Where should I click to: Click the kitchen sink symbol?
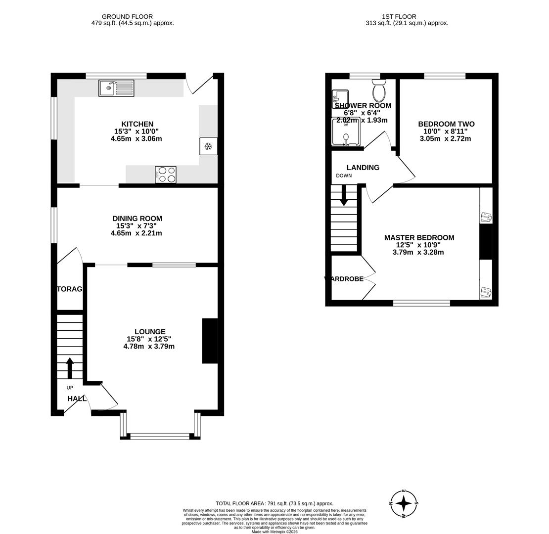point(116,88)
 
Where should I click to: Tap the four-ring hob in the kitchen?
point(166,175)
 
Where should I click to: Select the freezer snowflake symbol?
point(208,146)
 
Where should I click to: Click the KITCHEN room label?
point(137,124)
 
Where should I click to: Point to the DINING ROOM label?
point(137,219)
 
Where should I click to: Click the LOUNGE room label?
point(150,332)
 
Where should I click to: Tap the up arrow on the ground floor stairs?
point(70,368)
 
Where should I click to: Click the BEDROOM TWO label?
point(446,124)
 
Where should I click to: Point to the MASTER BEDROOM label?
point(419,238)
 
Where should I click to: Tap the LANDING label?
point(363,168)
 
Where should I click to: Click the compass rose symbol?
point(404,503)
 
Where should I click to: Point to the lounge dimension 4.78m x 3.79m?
point(149,347)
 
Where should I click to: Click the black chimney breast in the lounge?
point(210,341)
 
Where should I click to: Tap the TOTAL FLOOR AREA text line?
point(274,503)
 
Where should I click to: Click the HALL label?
point(77,399)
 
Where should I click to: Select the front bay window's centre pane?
point(160,436)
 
